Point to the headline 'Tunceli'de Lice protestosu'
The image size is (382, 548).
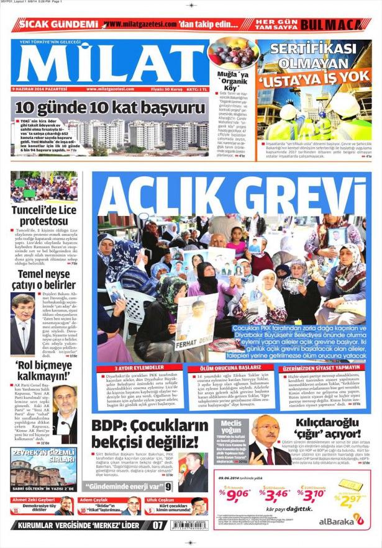tap(43, 216)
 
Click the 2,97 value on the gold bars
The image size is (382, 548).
tap(353, 499)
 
